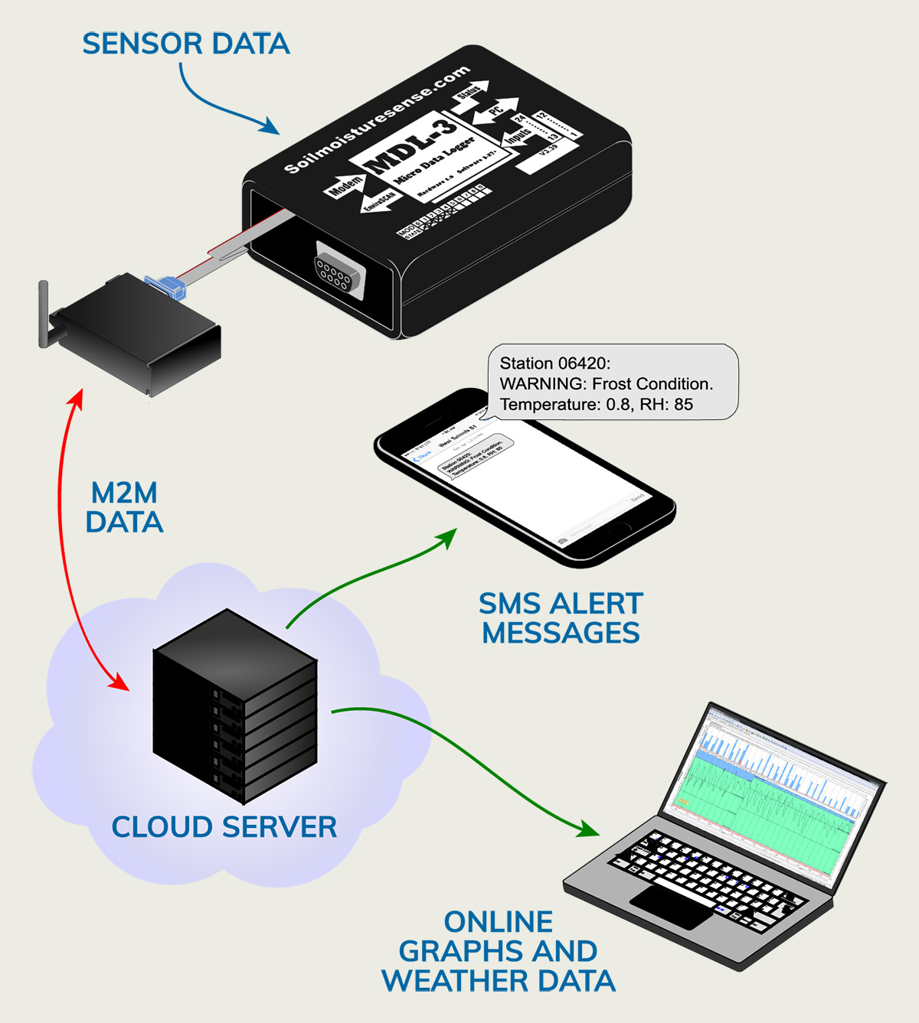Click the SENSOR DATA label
tap(186, 44)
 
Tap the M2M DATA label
tap(124, 508)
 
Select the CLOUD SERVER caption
tap(224, 827)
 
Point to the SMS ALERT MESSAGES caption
tap(561, 618)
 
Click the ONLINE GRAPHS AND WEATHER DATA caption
tap(499, 951)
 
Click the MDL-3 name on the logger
tap(411, 148)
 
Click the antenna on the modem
tap(44, 314)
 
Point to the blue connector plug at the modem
tap(166, 287)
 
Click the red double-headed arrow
tap(65, 536)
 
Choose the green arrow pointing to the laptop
tap(475, 757)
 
